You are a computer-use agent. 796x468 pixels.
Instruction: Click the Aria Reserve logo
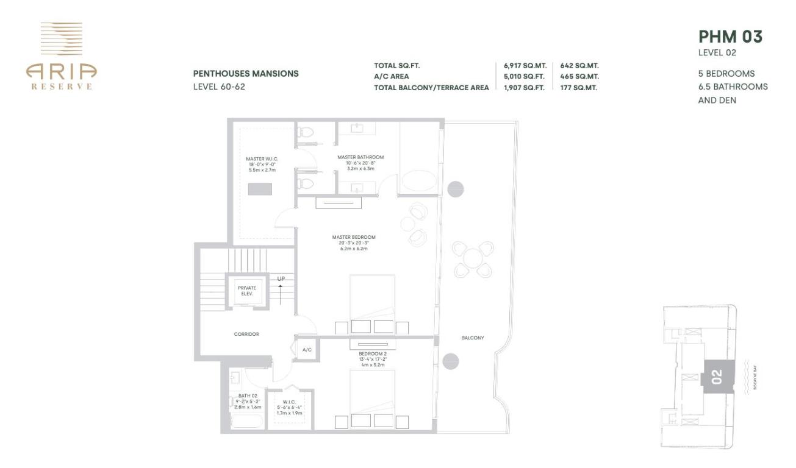(x=60, y=56)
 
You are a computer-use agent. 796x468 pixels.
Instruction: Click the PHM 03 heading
(x=730, y=37)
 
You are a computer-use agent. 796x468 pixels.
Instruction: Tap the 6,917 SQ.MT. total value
(x=525, y=65)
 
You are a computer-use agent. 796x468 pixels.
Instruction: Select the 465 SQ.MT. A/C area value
(x=579, y=76)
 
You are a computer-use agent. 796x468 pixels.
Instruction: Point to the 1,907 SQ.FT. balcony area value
(x=525, y=88)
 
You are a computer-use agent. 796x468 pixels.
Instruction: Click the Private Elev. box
(x=247, y=291)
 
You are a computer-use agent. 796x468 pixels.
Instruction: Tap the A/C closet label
(x=307, y=350)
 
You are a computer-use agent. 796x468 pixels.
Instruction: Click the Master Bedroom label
(x=354, y=237)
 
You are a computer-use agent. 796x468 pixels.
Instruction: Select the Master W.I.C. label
(x=262, y=159)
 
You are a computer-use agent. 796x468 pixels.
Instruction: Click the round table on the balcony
(x=473, y=258)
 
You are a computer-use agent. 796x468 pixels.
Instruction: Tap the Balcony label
(x=473, y=338)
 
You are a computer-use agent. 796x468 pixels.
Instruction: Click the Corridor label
(x=246, y=334)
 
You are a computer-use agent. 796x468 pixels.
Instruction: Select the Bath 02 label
(x=248, y=395)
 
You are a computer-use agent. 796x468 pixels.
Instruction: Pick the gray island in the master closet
(x=261, y=188)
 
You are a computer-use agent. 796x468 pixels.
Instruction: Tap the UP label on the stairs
(x=281, y=279)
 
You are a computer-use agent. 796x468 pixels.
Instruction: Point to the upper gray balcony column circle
(x=456, y=189)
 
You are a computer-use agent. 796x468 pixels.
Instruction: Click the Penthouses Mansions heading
(x=246, y=74)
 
